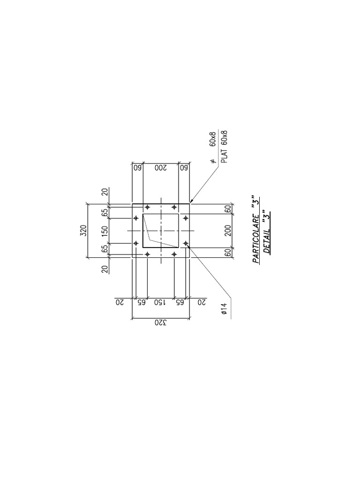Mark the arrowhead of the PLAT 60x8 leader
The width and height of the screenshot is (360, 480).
pyautogui.click(x=191, y=202)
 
